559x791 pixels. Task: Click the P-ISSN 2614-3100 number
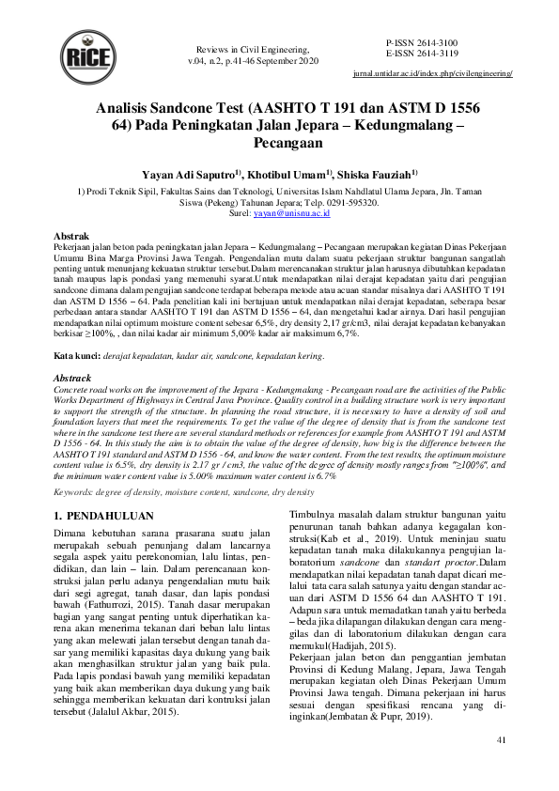(422, 43)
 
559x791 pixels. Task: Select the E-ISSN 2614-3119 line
(422, 54)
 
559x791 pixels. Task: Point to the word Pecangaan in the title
(279, 143)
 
